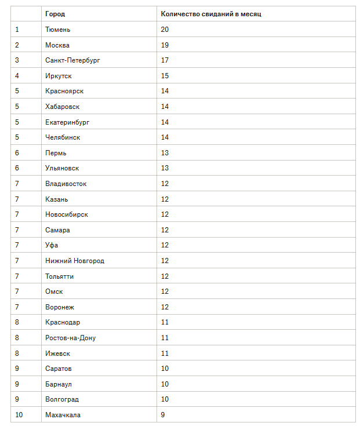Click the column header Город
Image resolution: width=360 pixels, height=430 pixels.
click(55, 14)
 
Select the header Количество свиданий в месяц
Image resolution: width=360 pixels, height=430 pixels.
click(211, 14)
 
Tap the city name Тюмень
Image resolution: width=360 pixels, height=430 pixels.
click(58, 29)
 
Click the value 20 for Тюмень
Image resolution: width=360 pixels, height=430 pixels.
click(165, 29)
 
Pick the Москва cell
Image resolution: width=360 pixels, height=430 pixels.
click(58, 45)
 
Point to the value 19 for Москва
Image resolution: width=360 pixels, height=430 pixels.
click(165, 45)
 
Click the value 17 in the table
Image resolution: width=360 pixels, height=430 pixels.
click(165, 60)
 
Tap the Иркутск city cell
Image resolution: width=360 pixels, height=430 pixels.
click(59, 75)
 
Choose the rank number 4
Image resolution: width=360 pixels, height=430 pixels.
click(17, 75)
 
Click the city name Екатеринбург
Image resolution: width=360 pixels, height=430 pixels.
click(67, 122)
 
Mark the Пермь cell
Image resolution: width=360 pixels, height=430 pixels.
click(56, 152)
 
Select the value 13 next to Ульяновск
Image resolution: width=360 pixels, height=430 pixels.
click(165, 168)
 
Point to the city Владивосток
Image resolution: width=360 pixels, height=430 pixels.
click(66, 184)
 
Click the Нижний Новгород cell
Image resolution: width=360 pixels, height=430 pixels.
click(75, 261)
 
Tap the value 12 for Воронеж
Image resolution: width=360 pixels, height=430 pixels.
click(165, 307)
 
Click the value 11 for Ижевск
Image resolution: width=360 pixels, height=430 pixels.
click(165, 353)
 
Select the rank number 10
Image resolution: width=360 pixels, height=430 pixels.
click(19, 414)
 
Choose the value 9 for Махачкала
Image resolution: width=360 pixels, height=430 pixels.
click(163, 414)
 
